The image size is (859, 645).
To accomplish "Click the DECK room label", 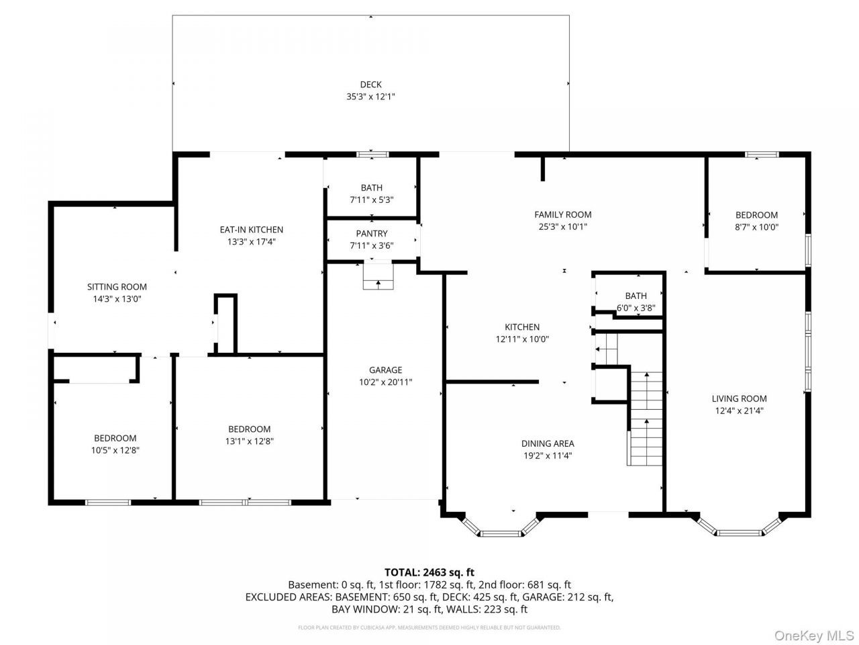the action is [x=370, y=84].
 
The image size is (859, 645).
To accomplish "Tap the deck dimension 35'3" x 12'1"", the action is [x=370, y=96].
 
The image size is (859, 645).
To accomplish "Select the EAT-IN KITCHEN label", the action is [x=251, y=230].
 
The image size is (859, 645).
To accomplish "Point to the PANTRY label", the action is [x=371, y=233].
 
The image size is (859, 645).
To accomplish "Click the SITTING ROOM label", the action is [x=117, y=287].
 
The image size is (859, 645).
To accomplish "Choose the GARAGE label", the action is [x=385, y=370].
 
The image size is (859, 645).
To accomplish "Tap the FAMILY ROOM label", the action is [x=563, y=214].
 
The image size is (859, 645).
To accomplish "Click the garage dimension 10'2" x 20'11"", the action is [x=385, y=382].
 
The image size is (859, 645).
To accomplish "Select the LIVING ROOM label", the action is [x=739, y=398].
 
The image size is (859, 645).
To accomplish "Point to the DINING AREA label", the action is [x=548, y=443].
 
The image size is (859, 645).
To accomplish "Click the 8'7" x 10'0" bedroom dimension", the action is [x=756, y=226].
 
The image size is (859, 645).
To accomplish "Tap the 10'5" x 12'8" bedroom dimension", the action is [x=115, y=450].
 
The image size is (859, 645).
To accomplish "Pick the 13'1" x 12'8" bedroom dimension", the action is [x=249, y=441].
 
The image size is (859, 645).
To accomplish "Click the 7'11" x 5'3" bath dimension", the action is [x=371, y=200].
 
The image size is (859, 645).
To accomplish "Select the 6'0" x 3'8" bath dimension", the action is [x=636, y=308].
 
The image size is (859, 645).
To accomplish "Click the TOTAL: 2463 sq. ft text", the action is [x=429, y=572].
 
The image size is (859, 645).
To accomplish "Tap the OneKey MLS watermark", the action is [x=814, y=635].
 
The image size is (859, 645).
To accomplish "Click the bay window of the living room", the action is [x=740, y=525].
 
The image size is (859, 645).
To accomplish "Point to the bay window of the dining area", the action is [x=501, y=525].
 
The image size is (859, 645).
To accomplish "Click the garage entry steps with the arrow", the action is [x=378, y=277].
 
